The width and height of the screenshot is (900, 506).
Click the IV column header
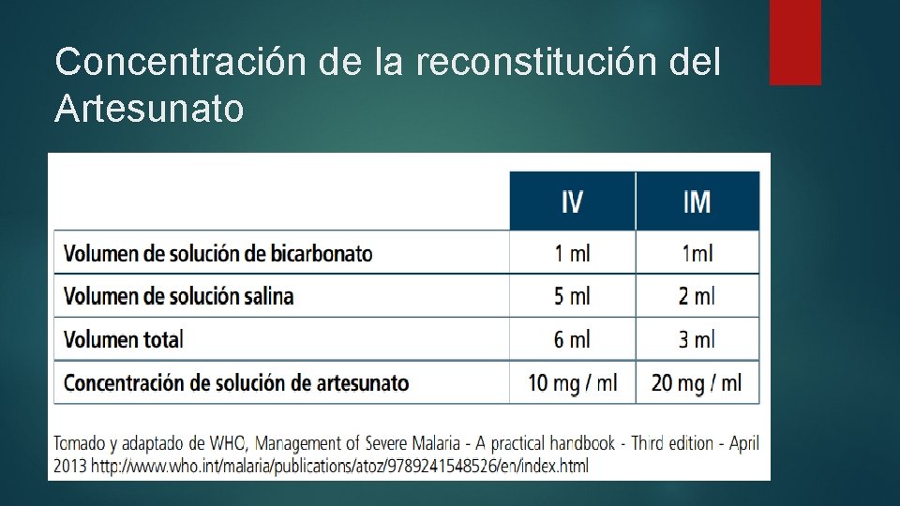pyautogui.click(x=572, y=201)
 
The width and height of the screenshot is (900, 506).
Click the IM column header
pyautogui.click(x=697, y=201)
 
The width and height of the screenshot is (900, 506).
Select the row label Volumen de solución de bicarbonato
pyautogui.click(x=217, y=254)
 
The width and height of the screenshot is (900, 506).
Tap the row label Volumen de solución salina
pyautogui.click(x=178, y=296)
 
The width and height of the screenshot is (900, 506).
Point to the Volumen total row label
pyautogui.click(x=123, y=339)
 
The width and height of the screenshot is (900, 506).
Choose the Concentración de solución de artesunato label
pyautogui.click(x=236, y=382)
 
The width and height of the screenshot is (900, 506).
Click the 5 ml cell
pyautogui.click(x=572, y=296)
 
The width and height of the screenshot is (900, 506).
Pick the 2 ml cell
pyautogui.click(x=697, y=296)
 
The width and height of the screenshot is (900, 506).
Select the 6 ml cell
pyautogui.click(x=572, y=339)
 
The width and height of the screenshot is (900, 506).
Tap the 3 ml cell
pyautogui.click(x=697, y=339)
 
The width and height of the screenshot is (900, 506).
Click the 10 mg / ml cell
pyautogui.click(x=572, y=382)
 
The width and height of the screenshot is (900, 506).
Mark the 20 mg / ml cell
pyautogui.click(x=697, y=382)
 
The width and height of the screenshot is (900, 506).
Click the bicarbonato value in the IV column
pyautogui.click(x=572, y=254)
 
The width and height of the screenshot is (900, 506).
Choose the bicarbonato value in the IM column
pyautogui.click(x=697, y=254)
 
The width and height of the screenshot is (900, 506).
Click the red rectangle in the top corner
pyautogui.click(x=795, y=42)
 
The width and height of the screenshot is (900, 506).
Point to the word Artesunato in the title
pyautogui.click(x=149, y=109)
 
